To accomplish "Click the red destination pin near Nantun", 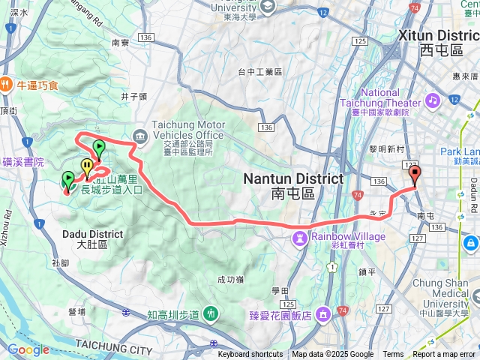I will coord(415,175).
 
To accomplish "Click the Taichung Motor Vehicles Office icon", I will coord(140,135).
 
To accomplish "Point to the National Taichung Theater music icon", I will coord(432,100).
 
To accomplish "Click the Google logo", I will coord(28,349).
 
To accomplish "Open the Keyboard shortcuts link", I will coord(250,355).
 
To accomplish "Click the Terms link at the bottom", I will coord(393,355).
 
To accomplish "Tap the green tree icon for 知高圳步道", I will coord(211,313).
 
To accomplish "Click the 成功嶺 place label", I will coord(230,279).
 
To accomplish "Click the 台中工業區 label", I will coord(259,72).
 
